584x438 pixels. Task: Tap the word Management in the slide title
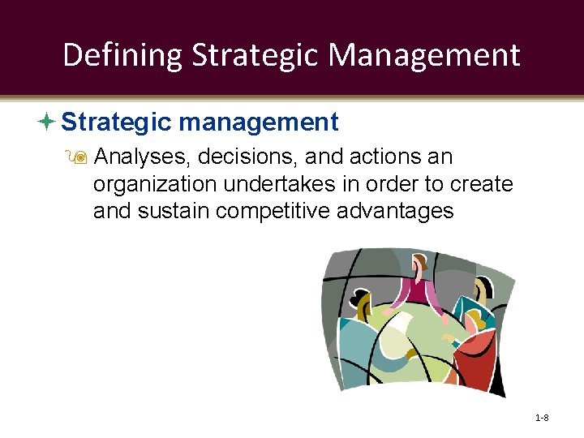point(424,55)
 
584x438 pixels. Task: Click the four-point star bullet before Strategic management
point(47,122)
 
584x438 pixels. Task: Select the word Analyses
point(140,157)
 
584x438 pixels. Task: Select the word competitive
point(268,212)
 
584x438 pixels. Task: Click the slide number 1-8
point(542,418)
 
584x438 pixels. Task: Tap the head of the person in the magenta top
point(420,264)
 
